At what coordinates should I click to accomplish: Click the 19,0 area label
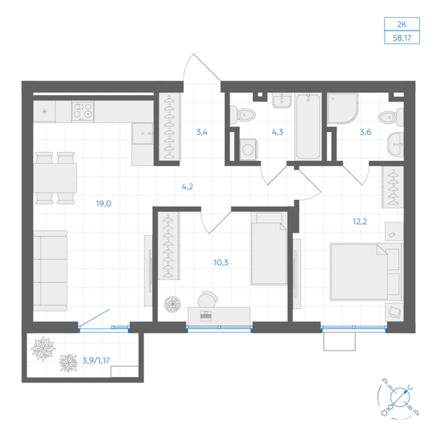103,204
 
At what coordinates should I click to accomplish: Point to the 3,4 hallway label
201,131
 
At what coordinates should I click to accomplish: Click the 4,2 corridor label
188,187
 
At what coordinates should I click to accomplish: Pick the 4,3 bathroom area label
277,131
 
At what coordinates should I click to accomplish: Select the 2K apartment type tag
405,23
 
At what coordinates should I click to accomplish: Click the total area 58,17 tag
405,37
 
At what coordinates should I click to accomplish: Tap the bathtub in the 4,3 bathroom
308,125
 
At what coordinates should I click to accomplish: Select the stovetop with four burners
83,111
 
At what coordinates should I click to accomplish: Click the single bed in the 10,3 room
270,244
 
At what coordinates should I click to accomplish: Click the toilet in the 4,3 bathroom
247,115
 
